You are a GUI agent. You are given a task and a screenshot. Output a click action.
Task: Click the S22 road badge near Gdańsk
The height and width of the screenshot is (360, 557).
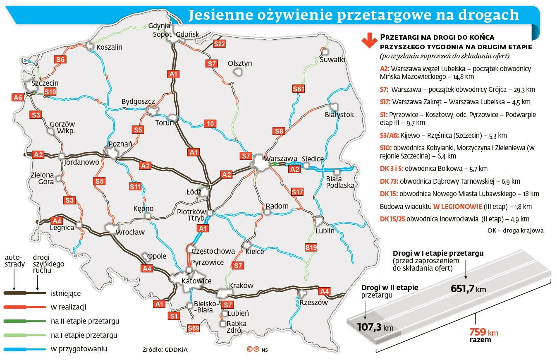(x=219, y=44)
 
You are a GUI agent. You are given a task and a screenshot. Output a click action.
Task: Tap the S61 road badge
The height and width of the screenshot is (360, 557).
(x=298, y=89)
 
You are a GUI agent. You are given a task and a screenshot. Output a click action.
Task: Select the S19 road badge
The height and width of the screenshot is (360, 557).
(x=311, y=247)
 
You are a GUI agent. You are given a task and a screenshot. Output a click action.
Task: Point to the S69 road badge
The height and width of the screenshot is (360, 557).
(x=193, y=328)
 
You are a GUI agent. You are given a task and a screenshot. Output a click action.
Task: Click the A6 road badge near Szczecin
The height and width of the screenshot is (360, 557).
(x=18, y=98)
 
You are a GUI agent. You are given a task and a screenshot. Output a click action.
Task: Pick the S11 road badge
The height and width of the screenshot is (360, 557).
(x=135, y=186)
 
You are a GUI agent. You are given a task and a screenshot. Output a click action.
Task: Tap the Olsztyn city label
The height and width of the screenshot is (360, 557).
(x=240, y=63)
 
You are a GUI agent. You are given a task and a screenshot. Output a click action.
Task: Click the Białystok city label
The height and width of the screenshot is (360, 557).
(x=339, y=115)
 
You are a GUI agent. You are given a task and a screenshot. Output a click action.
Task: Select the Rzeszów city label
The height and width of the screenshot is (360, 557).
(x=313, y=302)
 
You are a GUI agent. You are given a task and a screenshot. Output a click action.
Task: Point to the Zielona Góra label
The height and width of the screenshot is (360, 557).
(x=43, y=178)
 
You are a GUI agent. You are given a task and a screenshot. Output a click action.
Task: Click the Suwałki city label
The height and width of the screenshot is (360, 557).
(x=332, y=60)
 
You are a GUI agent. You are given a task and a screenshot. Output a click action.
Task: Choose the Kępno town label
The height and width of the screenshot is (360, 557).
(x=143, y=209)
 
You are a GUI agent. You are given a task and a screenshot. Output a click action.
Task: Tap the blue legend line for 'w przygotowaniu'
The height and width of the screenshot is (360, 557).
(x=24, y=349)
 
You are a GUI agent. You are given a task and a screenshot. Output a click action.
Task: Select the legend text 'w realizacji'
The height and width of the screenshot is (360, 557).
(x=68, y=307)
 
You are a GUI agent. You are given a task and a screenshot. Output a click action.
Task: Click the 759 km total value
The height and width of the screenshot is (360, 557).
(x=483, y=332)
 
